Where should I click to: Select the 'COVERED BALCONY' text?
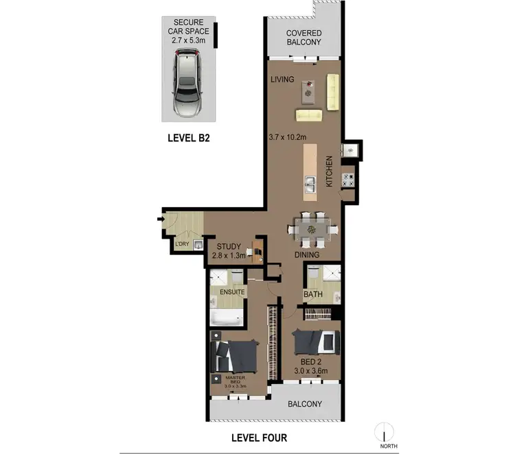point(304,38)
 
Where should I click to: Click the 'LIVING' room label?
point(282,80)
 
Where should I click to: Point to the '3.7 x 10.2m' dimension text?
point(290,136)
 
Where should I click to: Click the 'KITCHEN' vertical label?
point(329,171)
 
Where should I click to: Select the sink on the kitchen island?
point(310,184)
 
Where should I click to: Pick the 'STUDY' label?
point(228,247)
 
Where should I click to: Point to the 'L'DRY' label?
point(182,245)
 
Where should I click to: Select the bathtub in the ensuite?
point(226,318)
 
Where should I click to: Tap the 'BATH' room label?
point(314,296)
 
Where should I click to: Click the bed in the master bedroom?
point(236,355)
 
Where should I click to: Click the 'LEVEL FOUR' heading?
point(259,438)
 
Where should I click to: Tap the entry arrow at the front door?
point(160,220)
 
